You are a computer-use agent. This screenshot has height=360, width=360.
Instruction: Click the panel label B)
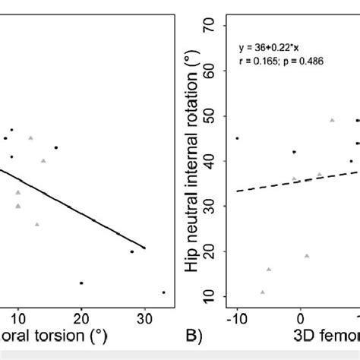click(x=196, y=334)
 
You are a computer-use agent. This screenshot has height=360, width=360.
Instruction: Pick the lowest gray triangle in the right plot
click(x=263, y=292)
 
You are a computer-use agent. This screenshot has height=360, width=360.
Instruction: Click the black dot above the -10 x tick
click(x=237, y=138)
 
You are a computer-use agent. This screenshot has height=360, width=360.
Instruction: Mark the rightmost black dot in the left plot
click(x=163, y=292)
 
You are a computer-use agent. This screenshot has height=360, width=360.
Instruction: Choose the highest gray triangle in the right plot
click(x=332, y=120)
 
